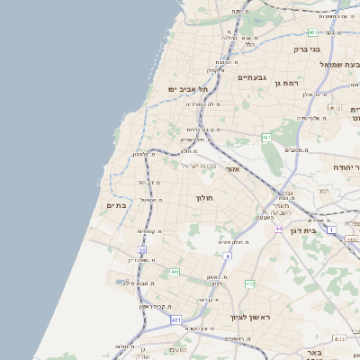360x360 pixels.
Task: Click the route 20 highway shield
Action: click(x=141, y=250)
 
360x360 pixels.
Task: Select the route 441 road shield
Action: click(x=174, y=272)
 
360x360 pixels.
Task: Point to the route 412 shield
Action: click(x=248, y=283)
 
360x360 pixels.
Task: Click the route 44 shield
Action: click(x=280, y=229)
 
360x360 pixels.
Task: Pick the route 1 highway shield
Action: click(x=330, y=231)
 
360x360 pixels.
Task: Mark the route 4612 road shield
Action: click(x=336, y=108)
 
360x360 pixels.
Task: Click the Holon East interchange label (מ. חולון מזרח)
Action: click(x=231, y=241)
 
